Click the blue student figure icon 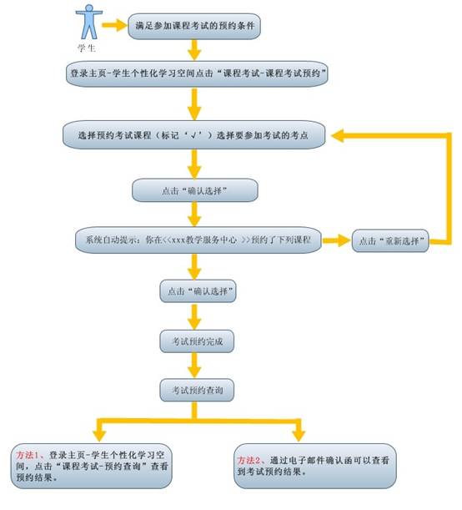point(89,22)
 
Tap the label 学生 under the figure point(87,48)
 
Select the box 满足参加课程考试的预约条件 point(194,26)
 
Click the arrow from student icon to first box point(114,25)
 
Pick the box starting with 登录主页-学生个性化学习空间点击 point(197,73)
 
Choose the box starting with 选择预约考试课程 point(194,135)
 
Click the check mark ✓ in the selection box point(194,135)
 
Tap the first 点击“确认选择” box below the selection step point(195,190)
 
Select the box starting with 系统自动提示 point(198,240)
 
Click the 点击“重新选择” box point(390,241)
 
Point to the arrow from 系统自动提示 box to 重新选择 point(337,240)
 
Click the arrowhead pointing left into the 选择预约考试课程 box point(339,135)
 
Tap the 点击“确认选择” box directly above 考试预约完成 point(198,291)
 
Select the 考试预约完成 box point(197,341)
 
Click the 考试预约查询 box point(197,390)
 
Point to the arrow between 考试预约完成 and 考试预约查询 point(194,366)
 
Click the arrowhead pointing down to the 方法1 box point(99,436)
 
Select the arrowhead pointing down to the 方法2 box point(299,436)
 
